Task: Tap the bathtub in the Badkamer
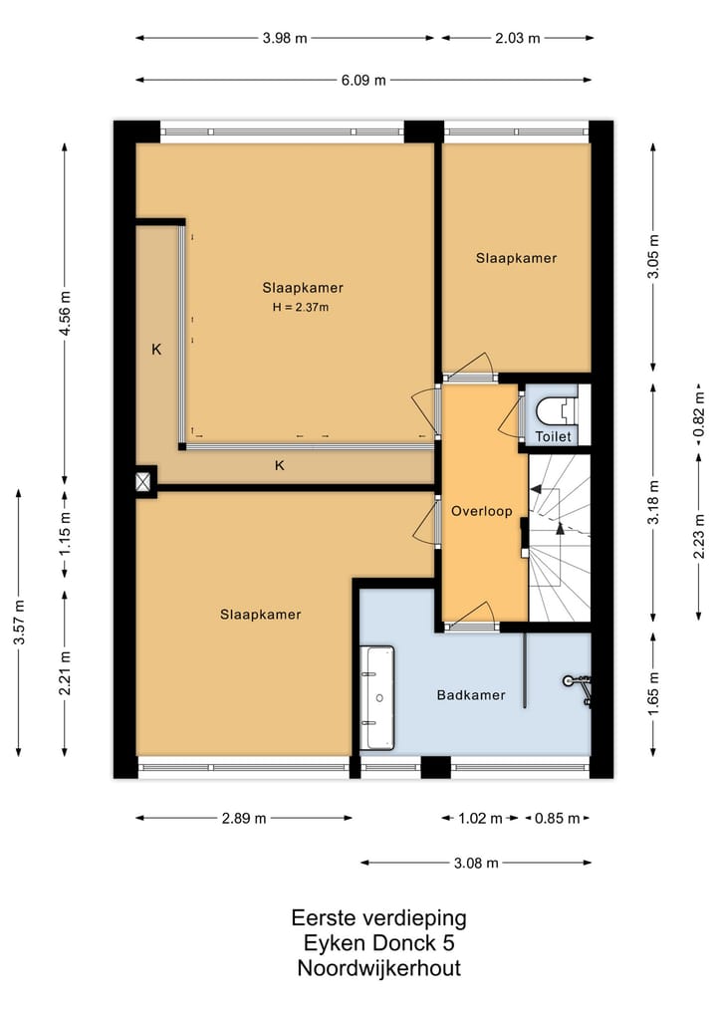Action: [377, 697]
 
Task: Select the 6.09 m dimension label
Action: [363, 80]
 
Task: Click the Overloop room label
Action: [482, 511]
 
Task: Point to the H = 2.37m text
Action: [301, 308]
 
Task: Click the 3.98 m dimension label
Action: [285, 38]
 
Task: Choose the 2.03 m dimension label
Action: [518, 38]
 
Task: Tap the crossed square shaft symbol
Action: [144, 481]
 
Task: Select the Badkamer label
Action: [471, 695]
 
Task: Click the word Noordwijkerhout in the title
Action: [379, 968]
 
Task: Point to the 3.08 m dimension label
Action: [476, 863]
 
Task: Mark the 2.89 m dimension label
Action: [244, 819]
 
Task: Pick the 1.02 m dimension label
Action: [480, 819]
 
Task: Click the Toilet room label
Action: [554, 436]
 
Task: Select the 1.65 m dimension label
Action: [653, 694]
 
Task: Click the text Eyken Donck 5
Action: [379, 943]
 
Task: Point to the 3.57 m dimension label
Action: [19, 623]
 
